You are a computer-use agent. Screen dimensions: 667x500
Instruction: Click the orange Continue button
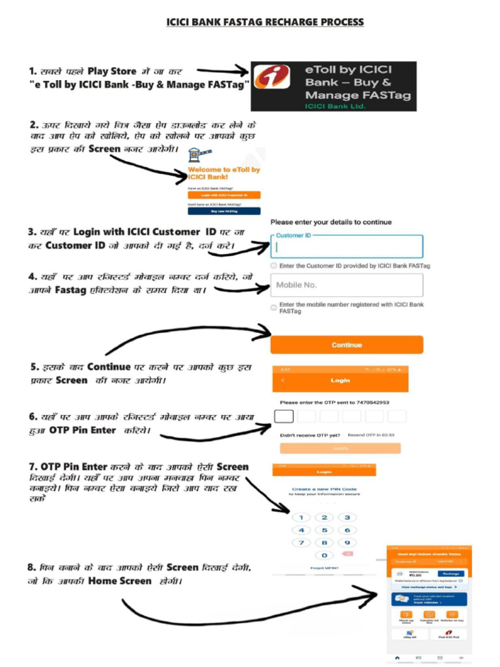[x=346, y=345]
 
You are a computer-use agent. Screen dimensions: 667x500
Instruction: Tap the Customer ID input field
[x=346, y=247]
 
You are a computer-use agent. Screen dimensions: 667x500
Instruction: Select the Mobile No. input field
[x=346, y=285]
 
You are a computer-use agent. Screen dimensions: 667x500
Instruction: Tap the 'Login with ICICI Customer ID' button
[x=224, y=195]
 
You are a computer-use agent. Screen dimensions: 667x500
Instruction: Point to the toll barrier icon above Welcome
[x=193, y=155]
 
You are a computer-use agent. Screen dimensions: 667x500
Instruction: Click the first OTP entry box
[x=285, y=416]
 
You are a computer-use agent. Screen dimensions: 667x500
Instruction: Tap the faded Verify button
[x=340, y=448]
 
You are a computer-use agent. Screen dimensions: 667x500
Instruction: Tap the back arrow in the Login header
[x=283, y=380]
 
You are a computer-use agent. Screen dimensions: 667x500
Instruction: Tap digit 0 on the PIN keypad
[x=324, y=555]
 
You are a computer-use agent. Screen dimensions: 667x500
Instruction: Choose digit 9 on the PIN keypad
[x=347, y=543]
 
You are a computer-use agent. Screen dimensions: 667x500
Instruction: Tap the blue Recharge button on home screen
[x=451, y=573]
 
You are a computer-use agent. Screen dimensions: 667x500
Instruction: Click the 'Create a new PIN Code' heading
[x=324, y=489]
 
